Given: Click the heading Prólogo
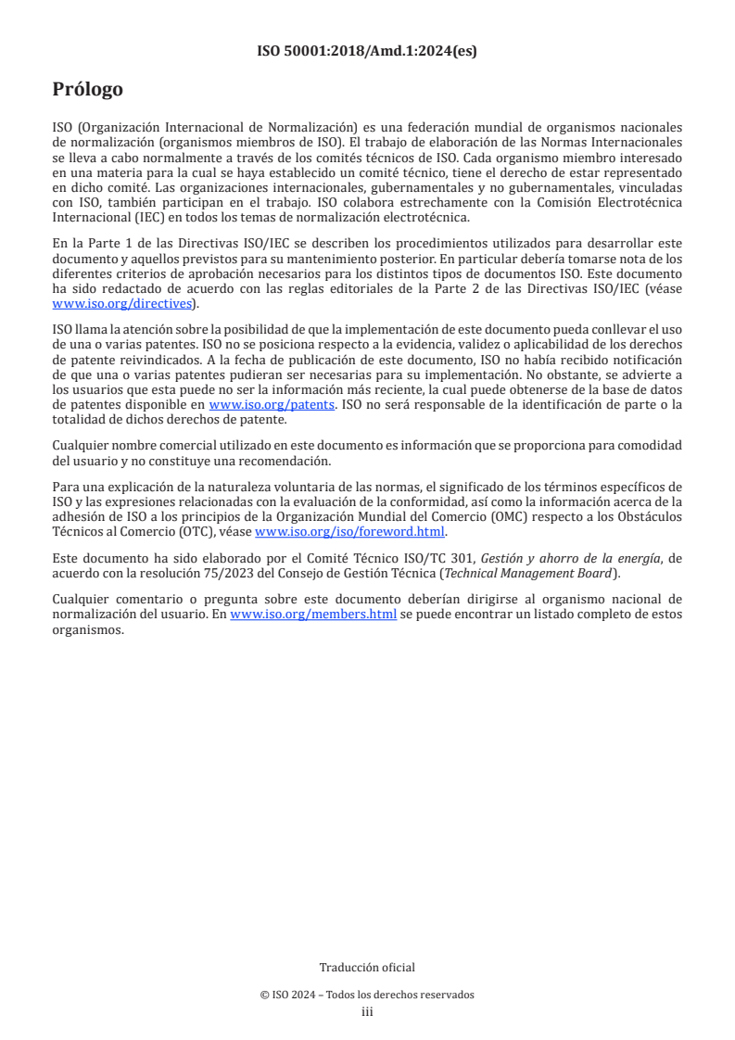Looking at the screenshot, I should tap(87, 90).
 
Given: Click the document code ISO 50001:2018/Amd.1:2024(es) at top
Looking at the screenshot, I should tap(367, 52).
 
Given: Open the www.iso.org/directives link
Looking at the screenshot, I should tap(124, 303).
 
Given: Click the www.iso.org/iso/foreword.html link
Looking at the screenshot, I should tap(350, 532).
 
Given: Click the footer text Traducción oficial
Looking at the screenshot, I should tap(367, 968).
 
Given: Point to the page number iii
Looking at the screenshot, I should tap(367, 1011).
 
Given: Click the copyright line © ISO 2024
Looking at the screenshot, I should tap(367, 995).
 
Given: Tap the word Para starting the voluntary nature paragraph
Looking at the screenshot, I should tap(67, 487).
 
